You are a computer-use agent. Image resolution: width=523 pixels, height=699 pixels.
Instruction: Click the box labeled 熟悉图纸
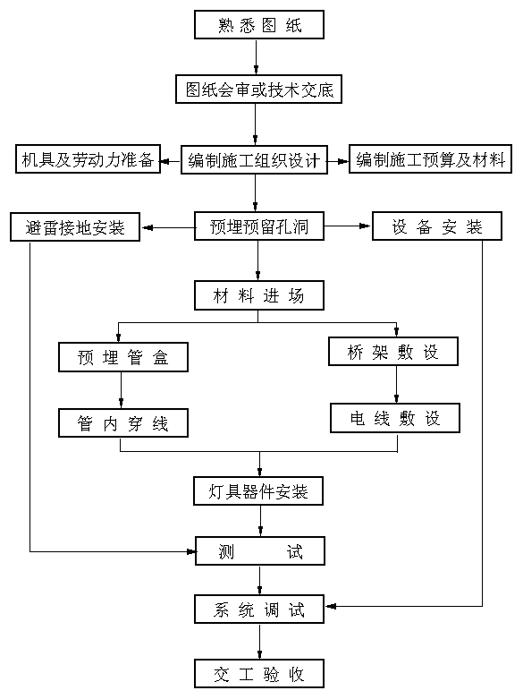coord(259,24)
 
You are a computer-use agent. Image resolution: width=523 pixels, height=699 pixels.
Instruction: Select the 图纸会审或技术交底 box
coord(258,90)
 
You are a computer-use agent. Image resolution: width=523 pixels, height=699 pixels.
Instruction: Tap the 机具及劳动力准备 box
coord(88,158)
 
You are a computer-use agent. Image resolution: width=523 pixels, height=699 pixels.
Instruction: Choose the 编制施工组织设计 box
coord(254,159)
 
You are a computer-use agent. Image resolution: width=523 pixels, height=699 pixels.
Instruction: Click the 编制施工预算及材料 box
coord(430,158)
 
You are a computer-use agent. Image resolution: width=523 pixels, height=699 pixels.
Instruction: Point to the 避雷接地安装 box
coord(75,227)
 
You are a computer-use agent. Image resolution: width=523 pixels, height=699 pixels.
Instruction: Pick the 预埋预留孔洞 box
coord(259,226)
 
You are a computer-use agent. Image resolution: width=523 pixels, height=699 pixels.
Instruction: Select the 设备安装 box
coord(437,226)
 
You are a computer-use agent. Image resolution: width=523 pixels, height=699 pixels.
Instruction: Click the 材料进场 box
coord(259,295)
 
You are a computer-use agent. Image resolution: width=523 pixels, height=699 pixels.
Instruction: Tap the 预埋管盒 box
coord(123,357)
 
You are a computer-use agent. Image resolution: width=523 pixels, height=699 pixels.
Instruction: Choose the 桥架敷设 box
coord(392,351)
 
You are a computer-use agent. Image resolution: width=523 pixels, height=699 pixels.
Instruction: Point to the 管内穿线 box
coord(123,422)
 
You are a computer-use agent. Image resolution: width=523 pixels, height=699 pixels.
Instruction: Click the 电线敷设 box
coord(394,418)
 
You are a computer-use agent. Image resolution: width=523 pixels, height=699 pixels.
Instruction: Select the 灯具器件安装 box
coord(258,490)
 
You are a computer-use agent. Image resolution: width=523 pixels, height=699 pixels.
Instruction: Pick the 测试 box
coord(260,550)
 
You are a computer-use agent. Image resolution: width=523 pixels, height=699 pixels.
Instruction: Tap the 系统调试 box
coord(259,609)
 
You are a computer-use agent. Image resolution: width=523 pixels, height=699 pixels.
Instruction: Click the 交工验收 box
coord(259,673)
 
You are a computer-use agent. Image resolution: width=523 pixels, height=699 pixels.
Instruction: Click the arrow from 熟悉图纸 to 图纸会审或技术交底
coord(257,57)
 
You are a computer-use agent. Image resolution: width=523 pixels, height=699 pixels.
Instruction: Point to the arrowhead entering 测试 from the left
coord(191,552)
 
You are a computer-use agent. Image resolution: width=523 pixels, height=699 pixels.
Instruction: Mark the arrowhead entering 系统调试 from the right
coord(331,606)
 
